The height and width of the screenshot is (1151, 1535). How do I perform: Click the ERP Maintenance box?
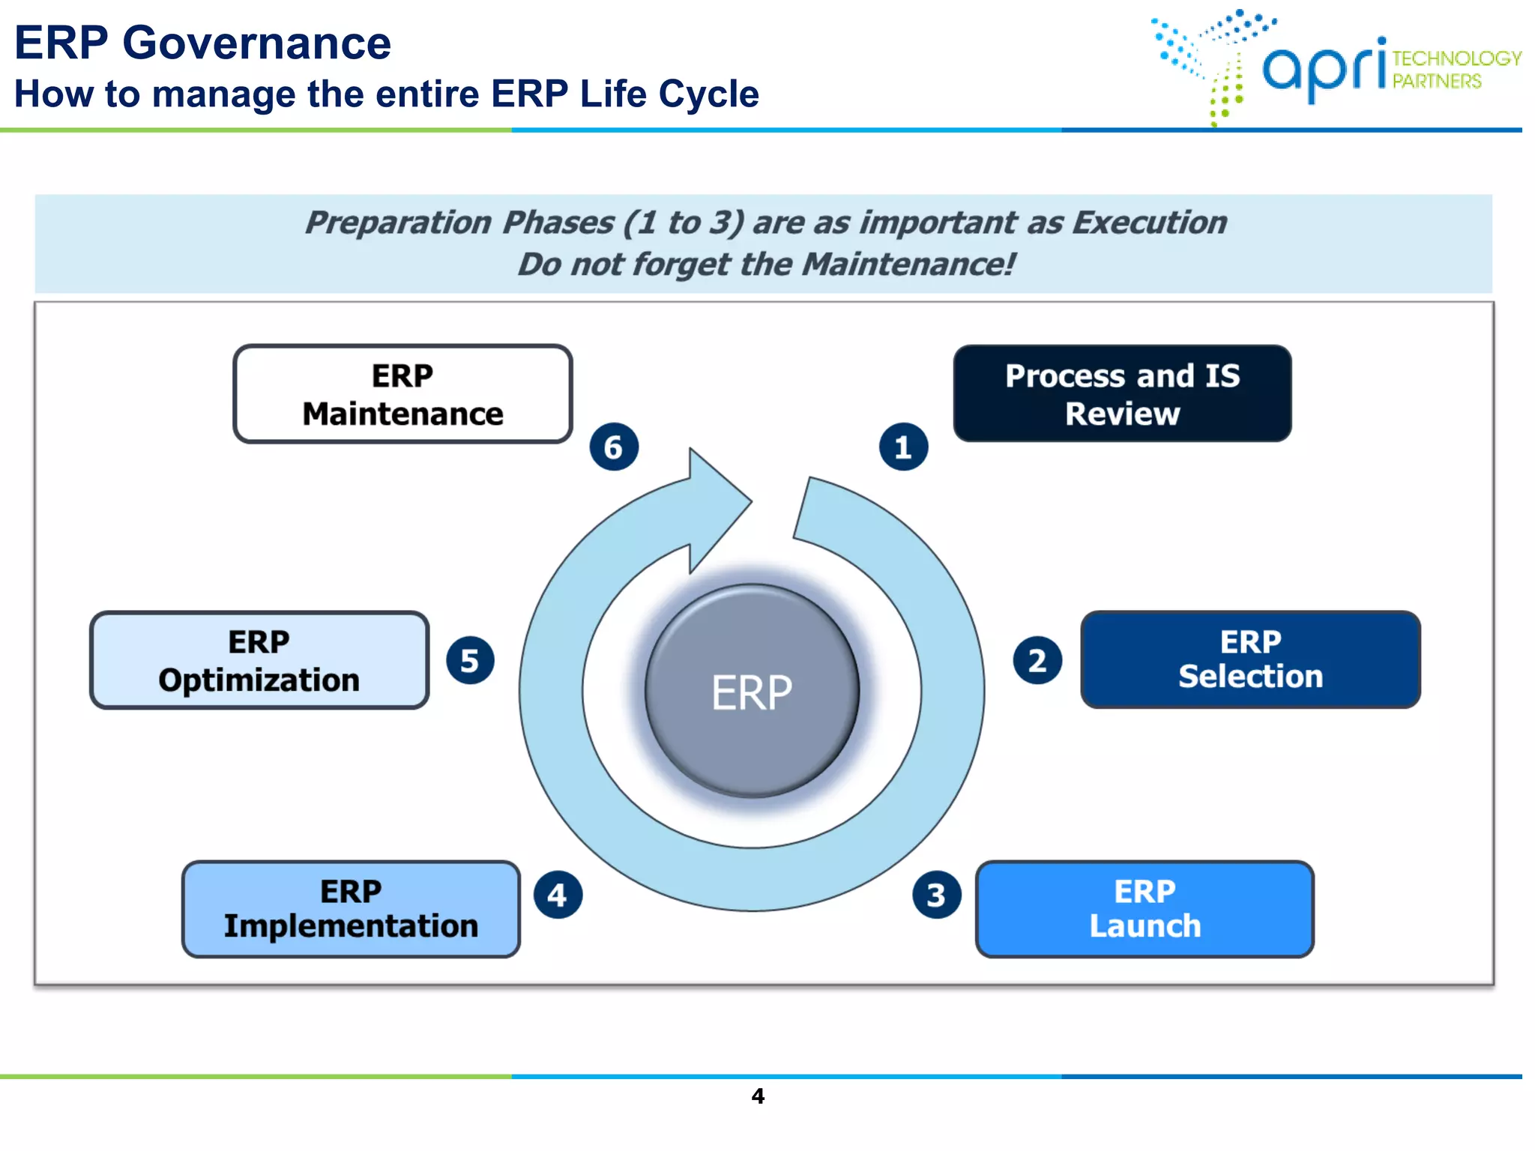click(x=402, y=394)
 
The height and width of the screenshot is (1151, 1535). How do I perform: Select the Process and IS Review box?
click(x=1122, y=394)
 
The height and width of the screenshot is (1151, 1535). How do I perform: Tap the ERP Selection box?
click(x=1250, y=659)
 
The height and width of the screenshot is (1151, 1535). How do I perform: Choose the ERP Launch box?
click(x=1145, y=909)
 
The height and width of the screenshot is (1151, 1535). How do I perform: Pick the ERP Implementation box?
click(x=351, y=909)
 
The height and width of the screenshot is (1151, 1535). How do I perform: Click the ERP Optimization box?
click(x=259, y=660)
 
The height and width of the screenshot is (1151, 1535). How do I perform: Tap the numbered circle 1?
click(x=903, y=447)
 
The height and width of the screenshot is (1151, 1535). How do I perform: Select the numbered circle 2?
click(x=1037, y=660)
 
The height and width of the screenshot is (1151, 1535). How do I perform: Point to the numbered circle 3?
click(x=936, y=895)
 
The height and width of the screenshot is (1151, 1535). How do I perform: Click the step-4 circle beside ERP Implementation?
click(x=557, y=895)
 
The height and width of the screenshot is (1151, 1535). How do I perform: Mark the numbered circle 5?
click(x=470, y=660)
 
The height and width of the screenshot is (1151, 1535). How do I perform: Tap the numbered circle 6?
click(x=614, y=447)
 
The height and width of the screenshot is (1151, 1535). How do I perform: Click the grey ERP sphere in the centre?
click(x=752, y=691)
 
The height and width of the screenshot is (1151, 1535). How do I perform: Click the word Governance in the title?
click(x=256, y=43)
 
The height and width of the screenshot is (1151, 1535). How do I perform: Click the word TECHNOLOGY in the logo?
click(x=1456, y=58)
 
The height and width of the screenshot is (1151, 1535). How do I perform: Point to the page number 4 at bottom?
click(x=758, y=1096)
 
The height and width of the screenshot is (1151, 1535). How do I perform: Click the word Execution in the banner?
click(x=1149, y=223)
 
